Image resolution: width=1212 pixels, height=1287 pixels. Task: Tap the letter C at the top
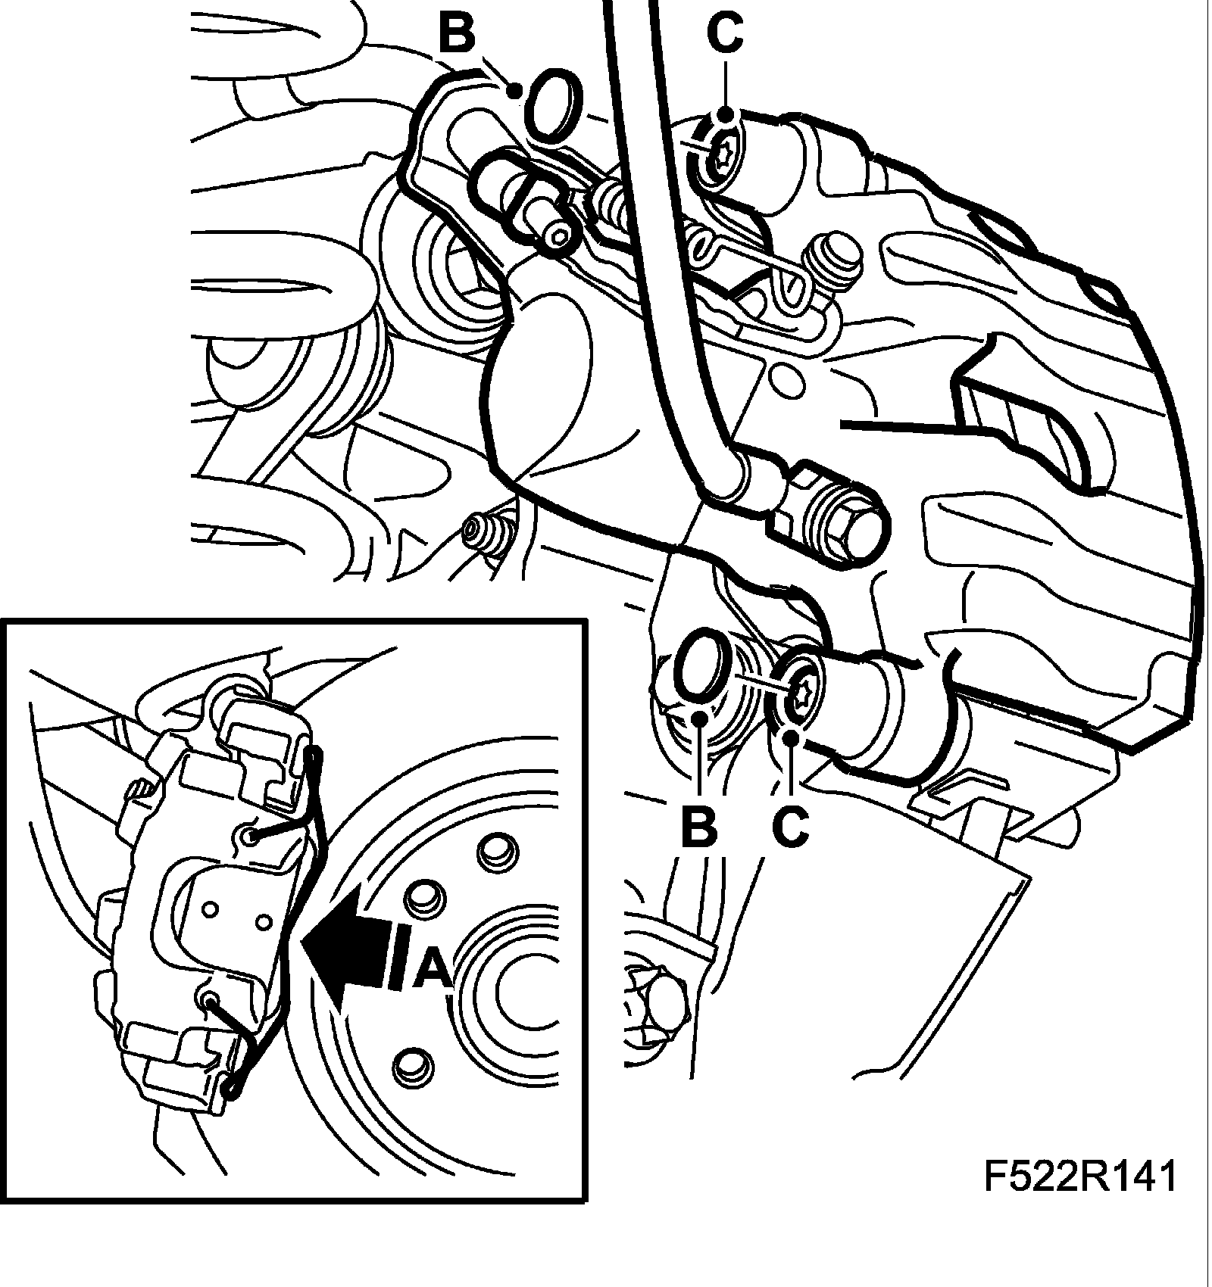725,32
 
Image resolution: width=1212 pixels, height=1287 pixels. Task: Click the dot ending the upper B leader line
514,92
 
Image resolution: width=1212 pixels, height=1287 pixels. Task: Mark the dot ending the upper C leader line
725,115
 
